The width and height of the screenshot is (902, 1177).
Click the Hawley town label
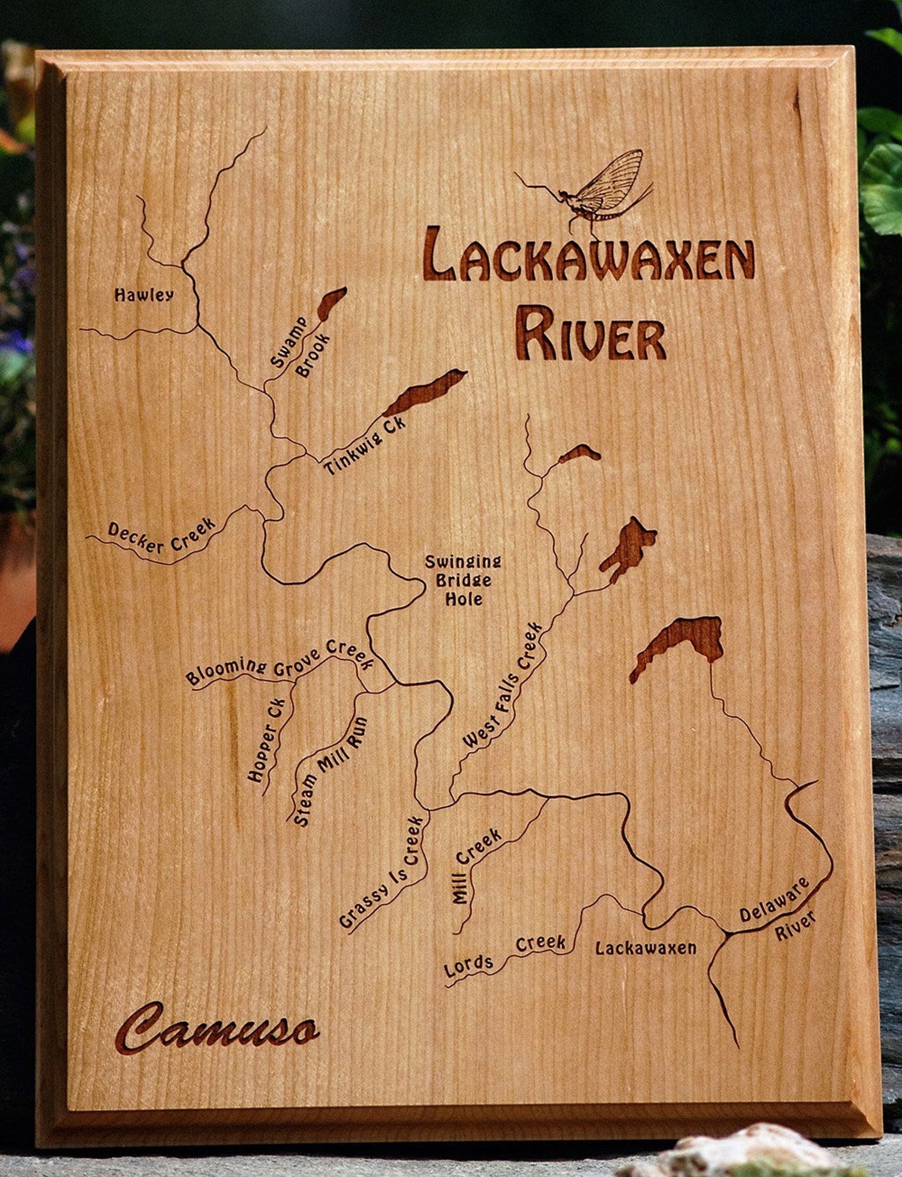[x=144, y=295]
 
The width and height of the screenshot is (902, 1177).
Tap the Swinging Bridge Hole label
[x=463, y=580]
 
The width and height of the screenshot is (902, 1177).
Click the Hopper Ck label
[x=268, y=740]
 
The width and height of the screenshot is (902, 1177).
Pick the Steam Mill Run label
[x=331, y=770]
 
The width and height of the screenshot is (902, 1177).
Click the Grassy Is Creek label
[x=382, y=873]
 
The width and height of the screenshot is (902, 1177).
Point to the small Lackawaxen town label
[x=646, y=948]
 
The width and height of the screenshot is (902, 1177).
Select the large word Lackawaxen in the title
[x=590, y=255]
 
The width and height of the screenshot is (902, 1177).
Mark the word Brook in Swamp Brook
[x=313, y=355]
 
